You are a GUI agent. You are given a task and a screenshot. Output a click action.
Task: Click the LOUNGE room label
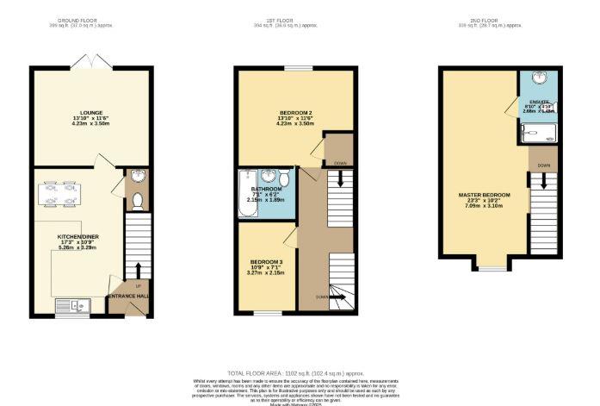click(91, 113)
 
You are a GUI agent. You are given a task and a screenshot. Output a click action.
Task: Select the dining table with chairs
click(59, 194)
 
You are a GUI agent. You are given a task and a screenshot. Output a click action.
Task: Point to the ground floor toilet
click(138, 201)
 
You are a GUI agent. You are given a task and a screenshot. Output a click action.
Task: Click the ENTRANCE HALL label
click(127, 297)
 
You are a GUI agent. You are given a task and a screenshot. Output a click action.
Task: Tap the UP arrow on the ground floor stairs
click(138, 285)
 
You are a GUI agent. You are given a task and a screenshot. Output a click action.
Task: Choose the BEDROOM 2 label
click(296, 114)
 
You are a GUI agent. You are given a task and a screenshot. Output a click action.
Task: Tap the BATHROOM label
click(266, 189)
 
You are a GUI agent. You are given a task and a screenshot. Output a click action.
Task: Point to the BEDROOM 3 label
click(266, 262)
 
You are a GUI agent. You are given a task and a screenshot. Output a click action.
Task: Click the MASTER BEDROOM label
click(484, 195)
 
